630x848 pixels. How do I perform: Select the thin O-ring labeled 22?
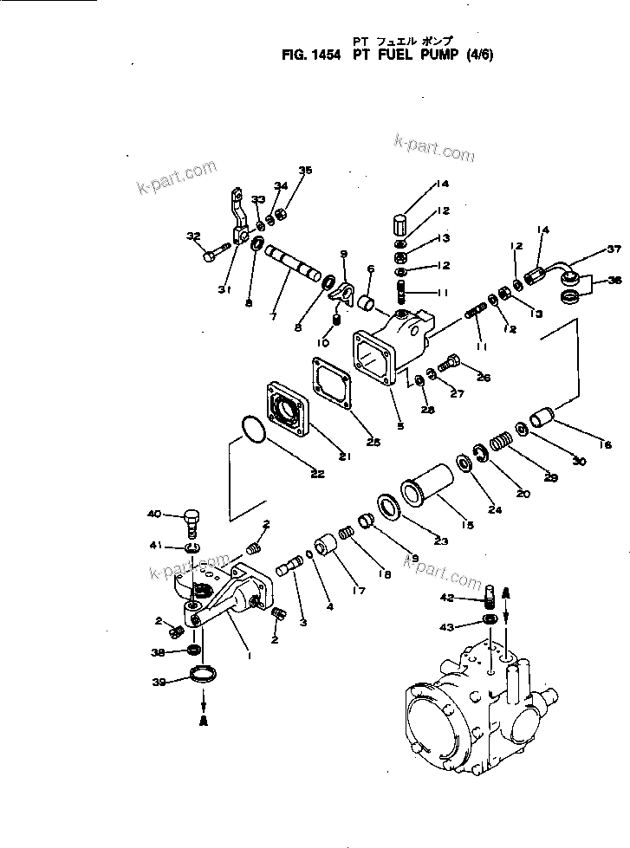252,429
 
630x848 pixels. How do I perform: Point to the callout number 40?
154,514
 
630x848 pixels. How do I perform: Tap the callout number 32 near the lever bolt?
192,235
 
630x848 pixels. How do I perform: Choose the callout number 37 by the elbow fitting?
614,249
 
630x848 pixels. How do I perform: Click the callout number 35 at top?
303,170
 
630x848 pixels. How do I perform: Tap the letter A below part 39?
205,720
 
